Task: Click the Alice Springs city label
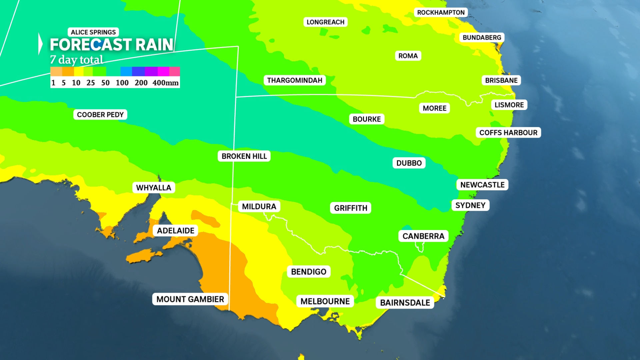(x=93, y=32)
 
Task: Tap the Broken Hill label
(x=244, y=156)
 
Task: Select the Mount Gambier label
(x=190, y=299)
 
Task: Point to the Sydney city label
(x=470, y=205)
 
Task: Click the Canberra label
(x=423, y=236)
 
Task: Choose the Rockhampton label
(x=441, y=13)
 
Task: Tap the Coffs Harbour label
(x=508, y=133)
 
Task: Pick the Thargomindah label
(x=295, y=80)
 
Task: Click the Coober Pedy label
(x=100, y=115)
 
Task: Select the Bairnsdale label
(x=405, y=303)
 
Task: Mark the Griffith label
(x=351, y=208)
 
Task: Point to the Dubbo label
(x=409, y=163)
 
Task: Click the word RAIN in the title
(x=154, y=45)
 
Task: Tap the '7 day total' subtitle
(x=76, y=60)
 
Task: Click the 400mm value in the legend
(x=165, y=83)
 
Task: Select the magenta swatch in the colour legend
(x=163, y=71)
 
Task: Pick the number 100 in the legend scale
(x=122, y=83)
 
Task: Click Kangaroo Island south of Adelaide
(x=143, y=256)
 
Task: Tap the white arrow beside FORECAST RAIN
(x=40, y=44)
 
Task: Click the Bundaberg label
(x=482, y=38)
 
